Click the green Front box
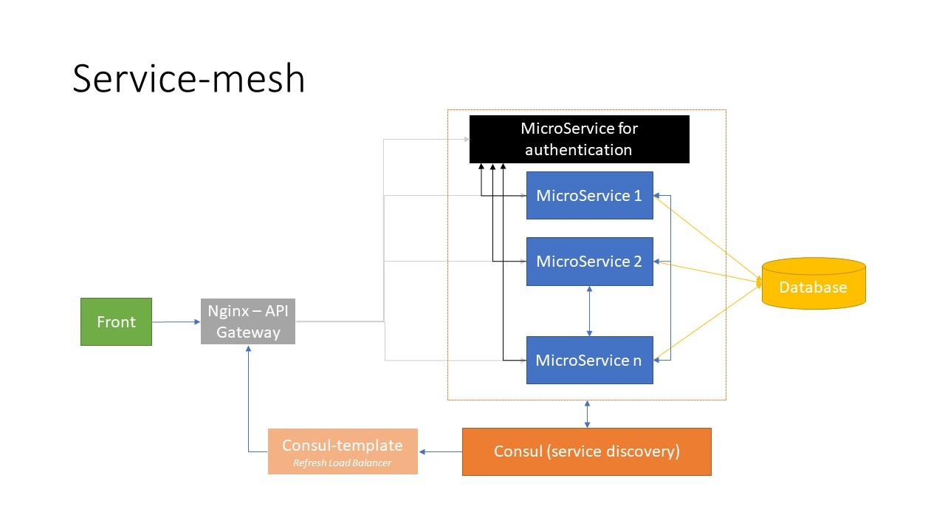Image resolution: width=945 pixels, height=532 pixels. [x=116, y=321]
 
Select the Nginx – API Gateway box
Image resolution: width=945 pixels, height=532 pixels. [x=248, y=321]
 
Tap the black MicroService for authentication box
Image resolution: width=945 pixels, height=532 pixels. [x=579, y=139]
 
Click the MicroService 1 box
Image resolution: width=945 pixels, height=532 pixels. [x=589, y=195]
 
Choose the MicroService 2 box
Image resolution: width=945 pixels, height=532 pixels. [x=589, y=261]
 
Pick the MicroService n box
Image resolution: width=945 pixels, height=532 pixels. [x=589, y=360]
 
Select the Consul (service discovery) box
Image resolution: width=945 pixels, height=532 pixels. [x=586, y=451]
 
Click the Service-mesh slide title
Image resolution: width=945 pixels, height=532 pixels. [x=188, y=78]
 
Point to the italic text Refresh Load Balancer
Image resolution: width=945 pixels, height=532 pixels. [x=342, y=463]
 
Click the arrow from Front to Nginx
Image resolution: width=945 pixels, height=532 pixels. [x=176, y=321]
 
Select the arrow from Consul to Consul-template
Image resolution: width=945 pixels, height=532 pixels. [x=440, y=451]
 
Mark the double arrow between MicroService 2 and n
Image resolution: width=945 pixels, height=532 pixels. [x=588, y=311]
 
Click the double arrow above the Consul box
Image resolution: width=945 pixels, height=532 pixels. [x=587, y=414]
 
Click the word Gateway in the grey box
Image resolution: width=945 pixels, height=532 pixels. [x=248, y=332]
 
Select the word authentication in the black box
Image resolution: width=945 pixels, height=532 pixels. [x=579, y=150]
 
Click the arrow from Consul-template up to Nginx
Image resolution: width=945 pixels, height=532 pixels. [x=248, y=399]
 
